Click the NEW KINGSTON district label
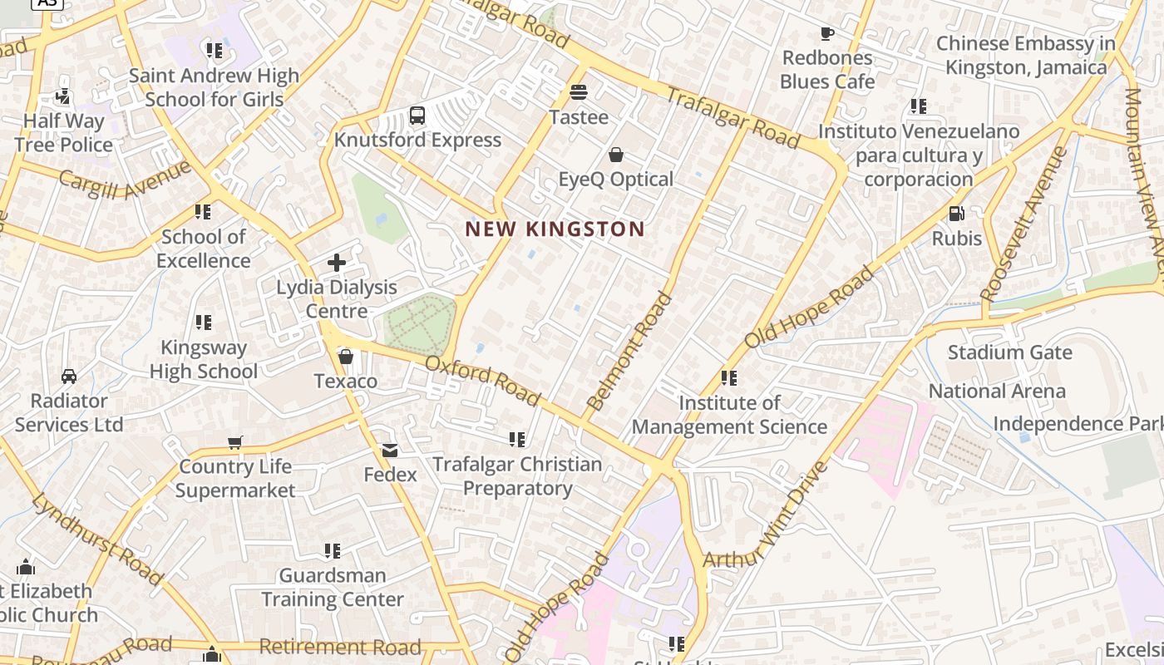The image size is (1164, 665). click(x=555, y=229)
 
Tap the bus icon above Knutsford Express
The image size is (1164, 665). click(x=417, y=116)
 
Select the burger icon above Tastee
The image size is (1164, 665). click(x=579, y=91)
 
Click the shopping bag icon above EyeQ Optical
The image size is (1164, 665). click(x=616, y=155)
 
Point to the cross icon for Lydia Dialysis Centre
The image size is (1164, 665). click(x=337, y=263)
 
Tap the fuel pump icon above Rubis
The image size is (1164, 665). click(x=957, y=214)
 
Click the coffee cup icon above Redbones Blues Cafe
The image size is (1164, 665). click(x=827, y=33)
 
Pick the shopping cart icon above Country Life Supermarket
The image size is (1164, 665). click(x=235, y=442)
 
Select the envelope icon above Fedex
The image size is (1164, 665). click(x=390, y=450)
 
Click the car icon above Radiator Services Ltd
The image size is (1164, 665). click(x=69, y=377)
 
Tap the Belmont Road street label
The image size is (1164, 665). click(x=629, y=352)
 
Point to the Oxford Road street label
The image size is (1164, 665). click(x=482, y=381)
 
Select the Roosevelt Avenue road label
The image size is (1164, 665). click(x=1023, y=224)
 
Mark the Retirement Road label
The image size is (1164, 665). click(x=340, y=646)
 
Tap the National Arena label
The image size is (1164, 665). click(x=997, y=391)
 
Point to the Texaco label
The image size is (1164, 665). click(x=345, y=381)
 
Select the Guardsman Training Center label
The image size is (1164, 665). click(x=333, y=587)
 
